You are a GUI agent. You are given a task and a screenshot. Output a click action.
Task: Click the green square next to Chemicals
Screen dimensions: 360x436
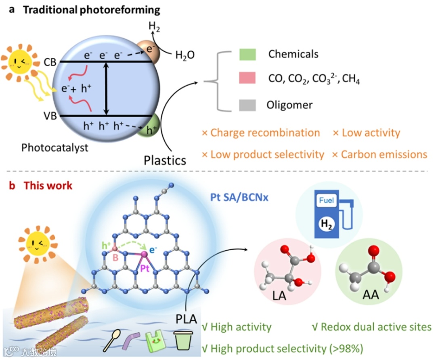click(x=247, y=55)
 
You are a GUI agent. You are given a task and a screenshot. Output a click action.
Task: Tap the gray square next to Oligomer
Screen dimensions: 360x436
click(x=247, y=105)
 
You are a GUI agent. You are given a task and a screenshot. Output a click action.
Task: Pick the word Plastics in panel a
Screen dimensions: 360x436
click(x=165, y=160)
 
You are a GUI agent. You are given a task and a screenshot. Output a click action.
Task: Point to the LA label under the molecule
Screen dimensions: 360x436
click(x=279, y=295)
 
